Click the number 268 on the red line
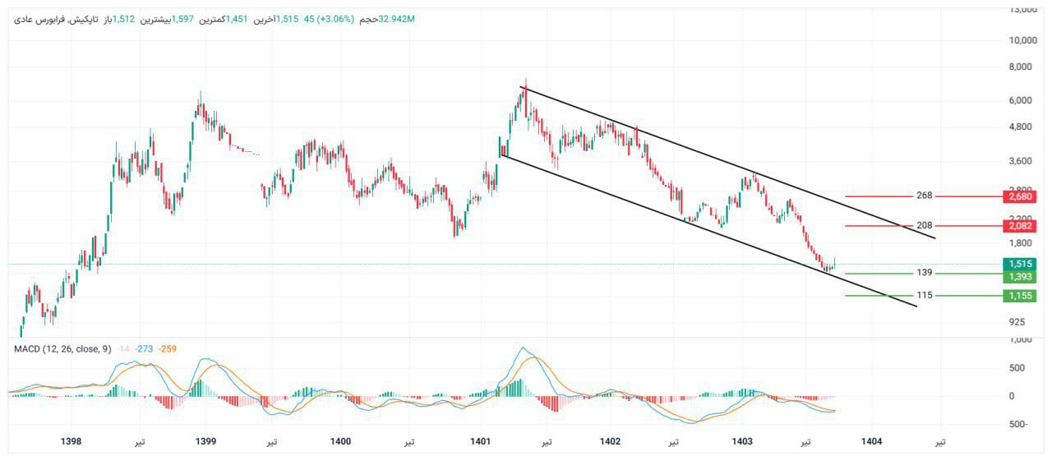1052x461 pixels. tap(924, 196)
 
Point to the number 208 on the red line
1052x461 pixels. tap(924, 225)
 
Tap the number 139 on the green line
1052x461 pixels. tap(924, 273)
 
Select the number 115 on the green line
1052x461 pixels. tap(924, 295)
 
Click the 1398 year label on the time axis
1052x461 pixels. tap(72, 442)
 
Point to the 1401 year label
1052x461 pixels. tap(481, 442)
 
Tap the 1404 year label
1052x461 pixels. tap(872, 442)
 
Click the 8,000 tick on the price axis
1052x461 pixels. tap(1022, 67)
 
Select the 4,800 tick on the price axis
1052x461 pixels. tap(1022, 127)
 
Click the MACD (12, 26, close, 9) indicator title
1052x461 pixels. tap(62, 349)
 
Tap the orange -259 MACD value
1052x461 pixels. tap(169, 349)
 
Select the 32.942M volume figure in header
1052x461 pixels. tap(397, 18)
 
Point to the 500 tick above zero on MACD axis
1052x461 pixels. tap(1017, 367)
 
